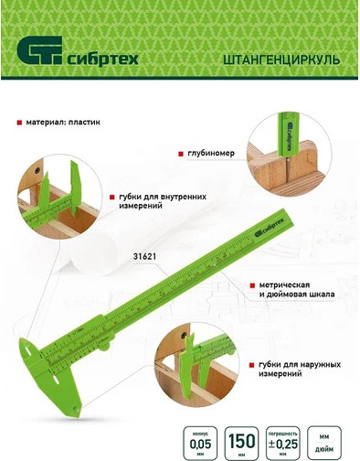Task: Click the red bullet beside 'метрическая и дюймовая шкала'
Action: [x=249, y=284]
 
